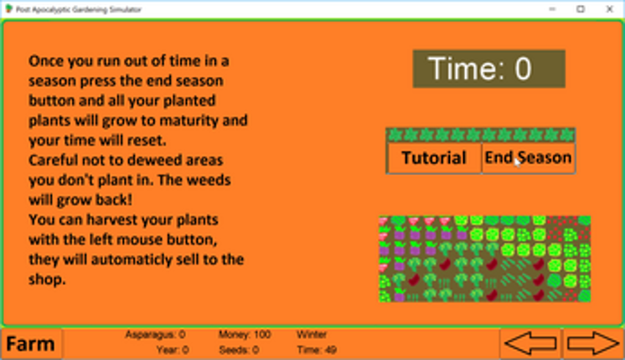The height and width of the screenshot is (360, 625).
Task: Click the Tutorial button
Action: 434,158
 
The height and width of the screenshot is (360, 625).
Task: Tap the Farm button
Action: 31,344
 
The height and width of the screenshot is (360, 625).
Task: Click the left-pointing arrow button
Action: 530,343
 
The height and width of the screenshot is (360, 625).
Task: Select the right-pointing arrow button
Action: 593,343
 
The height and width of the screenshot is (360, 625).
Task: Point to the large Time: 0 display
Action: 488,69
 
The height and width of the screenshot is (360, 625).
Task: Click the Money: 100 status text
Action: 245,335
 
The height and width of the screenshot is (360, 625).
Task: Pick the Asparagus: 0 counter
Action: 155,335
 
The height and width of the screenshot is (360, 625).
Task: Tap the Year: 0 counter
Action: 173,350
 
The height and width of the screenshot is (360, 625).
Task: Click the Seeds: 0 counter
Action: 239,350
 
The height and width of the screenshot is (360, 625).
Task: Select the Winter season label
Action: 312,335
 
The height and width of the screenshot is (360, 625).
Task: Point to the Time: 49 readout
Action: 317,350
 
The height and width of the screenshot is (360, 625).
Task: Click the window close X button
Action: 609,9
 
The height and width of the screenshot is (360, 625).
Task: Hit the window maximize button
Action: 581,9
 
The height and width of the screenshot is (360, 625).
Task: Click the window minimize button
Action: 552,9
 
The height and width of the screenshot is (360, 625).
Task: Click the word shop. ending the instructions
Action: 47,280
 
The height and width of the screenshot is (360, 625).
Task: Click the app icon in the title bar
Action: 8,8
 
